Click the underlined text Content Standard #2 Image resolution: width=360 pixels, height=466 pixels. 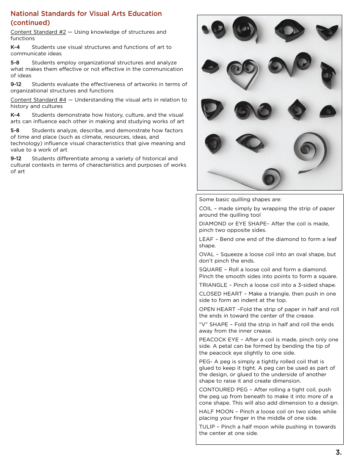click(38, 32)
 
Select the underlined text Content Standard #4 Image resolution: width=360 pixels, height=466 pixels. click(38, 100)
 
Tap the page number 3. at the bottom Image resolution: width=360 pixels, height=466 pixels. click(338, 452)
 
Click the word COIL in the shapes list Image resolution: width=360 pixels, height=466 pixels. click(205, 209)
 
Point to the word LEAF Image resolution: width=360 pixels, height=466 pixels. click(205, 239)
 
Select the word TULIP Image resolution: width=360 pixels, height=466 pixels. click(207, 427)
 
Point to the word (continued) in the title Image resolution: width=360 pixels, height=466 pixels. click(30, 23)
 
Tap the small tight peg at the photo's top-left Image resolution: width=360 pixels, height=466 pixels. click(205, 29)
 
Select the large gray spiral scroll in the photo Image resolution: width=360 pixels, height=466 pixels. click(310, 149)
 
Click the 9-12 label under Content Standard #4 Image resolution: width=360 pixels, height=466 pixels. click(16, 159)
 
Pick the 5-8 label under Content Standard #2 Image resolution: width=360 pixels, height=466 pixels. click(15, 63)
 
